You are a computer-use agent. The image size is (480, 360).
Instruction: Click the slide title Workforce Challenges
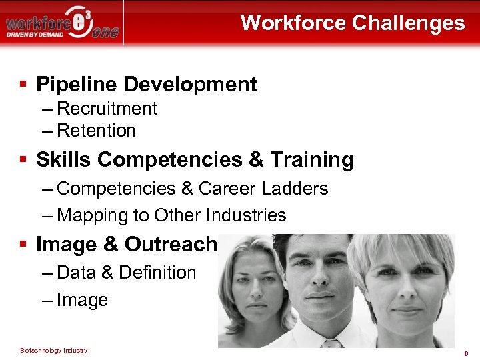click(x=353, y=23)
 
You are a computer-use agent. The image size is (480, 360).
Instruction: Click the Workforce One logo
click(x=63, y=23)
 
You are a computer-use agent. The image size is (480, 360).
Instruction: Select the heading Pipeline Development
click(x=146, y=84)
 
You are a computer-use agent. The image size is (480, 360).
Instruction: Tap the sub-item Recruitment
click(x=107, y=109)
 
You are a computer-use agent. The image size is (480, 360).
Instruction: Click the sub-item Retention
click(x=96, y=131)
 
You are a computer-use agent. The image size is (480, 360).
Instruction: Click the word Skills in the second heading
click(x=64, y=160)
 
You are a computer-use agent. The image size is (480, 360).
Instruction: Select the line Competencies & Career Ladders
click(x=192, y=189)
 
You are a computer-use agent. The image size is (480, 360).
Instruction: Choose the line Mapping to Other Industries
click(x=171, y=215)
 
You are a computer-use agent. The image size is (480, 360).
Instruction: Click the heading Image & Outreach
click(x=127, y=245)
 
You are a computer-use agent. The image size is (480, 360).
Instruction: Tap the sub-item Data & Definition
click(x=127, y=273)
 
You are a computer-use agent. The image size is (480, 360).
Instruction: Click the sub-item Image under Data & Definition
click(x=82, y=300)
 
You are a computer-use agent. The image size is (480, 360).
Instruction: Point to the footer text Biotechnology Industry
click(x=53, y=351)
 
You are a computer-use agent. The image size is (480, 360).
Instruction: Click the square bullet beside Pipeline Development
click(x=23, y=84)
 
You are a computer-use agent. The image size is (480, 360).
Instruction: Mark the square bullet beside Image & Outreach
click(x=23, y=245)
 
